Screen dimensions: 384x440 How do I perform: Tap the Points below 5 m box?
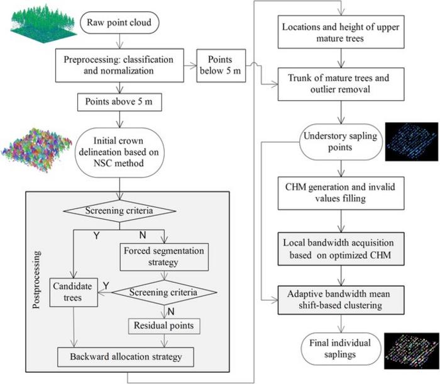click(x=221, y=64)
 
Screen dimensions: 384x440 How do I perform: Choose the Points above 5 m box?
click(x=112, y=101)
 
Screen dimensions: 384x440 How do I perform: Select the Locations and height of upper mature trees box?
click(x=341, y=33)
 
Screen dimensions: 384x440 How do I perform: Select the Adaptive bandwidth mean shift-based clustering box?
click(x=341, y=296)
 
